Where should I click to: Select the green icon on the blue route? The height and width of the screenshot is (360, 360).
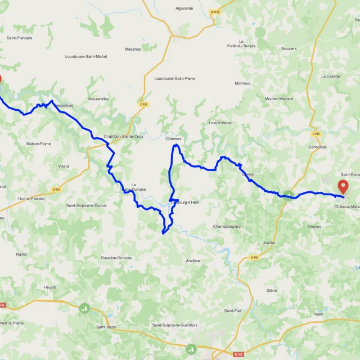click(x=289, y=195)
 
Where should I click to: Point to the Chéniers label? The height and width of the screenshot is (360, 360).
click(x=174, y=138)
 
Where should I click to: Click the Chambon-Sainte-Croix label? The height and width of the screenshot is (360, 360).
click(x=123, y=136)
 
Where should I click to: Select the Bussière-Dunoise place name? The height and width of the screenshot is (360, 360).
click(x=116, y=258)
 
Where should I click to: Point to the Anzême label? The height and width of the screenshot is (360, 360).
click(x=193, y=260)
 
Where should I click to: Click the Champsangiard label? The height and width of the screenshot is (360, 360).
click(x=227, y=227)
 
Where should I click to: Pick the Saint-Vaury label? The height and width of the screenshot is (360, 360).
click(x=106, y=327)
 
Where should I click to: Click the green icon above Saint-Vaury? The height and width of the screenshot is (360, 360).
click(x=84, y=308)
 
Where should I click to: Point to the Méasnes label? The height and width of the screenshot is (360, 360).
click(x=133, y=49)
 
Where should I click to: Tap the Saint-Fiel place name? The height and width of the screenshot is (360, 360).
click(x=232, y=310)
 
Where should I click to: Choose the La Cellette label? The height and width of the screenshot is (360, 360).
click(x=331, y=76)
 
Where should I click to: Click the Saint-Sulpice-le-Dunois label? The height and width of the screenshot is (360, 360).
click(x=86, y=205)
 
